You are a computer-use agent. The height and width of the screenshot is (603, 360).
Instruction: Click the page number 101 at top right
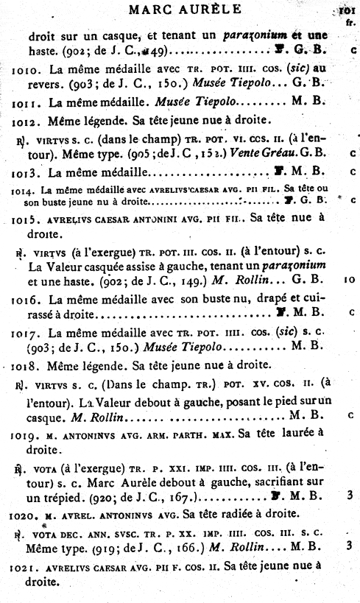click(345, 10)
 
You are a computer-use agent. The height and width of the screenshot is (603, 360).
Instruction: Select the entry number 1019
click(26, 435)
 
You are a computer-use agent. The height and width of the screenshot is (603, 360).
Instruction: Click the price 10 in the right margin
click(347, 280)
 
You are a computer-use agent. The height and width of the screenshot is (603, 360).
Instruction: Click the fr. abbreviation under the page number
click(347, 22)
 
